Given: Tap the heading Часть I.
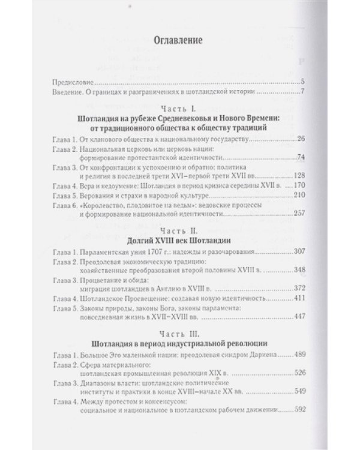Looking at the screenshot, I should click(x=178, y=109).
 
